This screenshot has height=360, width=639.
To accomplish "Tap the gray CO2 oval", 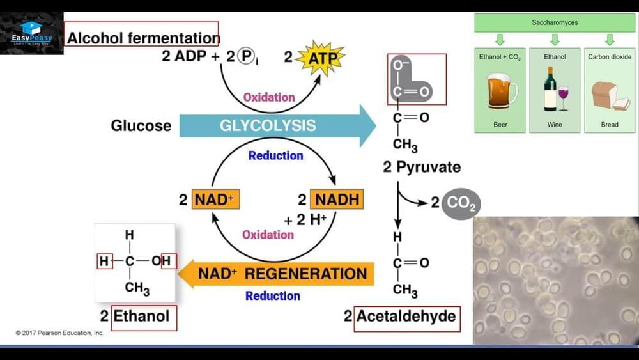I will (459, 203).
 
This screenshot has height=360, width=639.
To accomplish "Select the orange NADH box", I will (336, 200).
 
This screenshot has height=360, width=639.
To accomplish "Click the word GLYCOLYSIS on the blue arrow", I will (268, 125).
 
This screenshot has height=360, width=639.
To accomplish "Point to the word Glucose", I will (141, 125).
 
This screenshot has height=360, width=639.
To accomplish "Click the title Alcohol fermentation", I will (142, 38).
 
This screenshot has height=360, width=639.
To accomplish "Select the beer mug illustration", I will (501, 91).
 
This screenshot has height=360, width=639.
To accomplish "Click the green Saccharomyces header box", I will (555, 23).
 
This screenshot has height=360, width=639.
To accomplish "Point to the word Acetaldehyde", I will (406, 316).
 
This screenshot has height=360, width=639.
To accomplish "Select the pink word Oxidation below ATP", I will (269, 97).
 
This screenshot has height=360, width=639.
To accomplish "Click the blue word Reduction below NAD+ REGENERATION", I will (273, 295).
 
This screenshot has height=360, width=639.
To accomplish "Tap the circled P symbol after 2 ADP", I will (246, 56).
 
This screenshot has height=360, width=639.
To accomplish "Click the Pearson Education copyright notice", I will (60, 333).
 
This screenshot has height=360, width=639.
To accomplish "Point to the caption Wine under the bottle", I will (555, 125).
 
